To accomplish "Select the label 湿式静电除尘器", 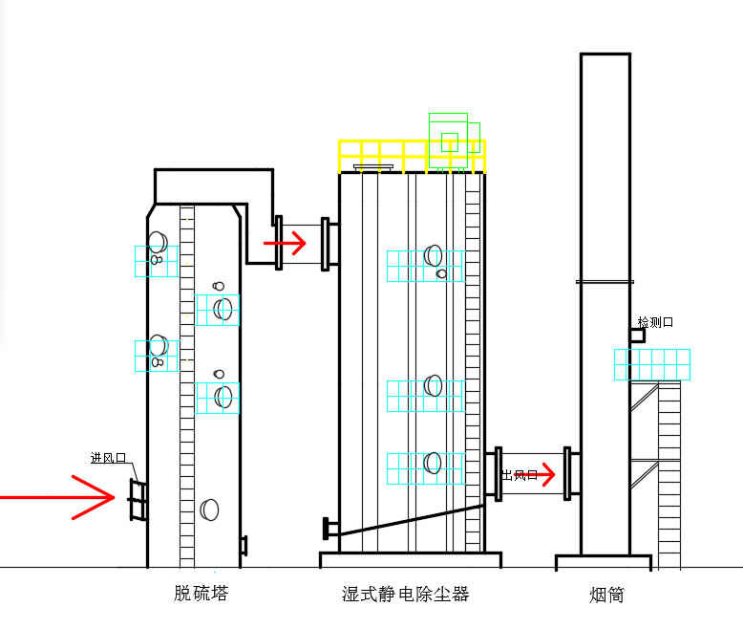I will [x=406, y=594].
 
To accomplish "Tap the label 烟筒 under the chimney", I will [x=606, y=595].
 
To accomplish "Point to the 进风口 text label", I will [x=109, y=458].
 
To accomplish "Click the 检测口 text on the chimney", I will [x=655, y=322].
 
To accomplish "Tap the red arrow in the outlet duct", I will [x=540, y=473].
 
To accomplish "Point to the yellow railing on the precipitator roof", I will [x=411, y=156].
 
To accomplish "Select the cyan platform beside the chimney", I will [x=651, y=364].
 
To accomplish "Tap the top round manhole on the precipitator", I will [x=434, y=255].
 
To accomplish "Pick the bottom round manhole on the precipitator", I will [x=434, y=464].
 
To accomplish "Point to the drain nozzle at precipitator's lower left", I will [x=330, y=527].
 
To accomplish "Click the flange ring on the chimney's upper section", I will [x=605, y=281].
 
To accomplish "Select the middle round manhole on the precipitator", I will [x=434, y=386].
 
